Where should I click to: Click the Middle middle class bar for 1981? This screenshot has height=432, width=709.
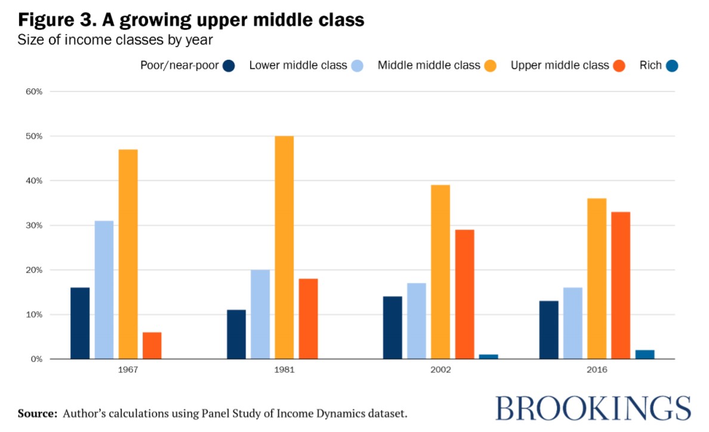point(284,248)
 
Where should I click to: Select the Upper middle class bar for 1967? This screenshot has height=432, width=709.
point(152,345)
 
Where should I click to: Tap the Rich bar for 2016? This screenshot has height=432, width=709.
point(645,354)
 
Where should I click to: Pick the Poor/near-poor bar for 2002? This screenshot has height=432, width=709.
point(392,328)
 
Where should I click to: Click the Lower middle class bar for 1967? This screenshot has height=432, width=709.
point(104,290)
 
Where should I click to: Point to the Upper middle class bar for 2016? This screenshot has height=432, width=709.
point(620,285)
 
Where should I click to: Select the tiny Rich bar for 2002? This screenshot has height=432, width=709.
point(488,357)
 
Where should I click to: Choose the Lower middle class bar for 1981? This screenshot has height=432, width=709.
point(260,314)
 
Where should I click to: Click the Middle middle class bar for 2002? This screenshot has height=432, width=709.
point(440,272)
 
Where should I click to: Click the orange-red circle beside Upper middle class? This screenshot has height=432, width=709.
point(618,66)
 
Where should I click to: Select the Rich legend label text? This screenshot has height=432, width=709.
point(651,66)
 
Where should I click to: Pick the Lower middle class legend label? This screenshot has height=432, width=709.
point(298,66)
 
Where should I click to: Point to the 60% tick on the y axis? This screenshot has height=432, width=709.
point(33,91)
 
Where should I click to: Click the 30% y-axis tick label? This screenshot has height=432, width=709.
point(33,226)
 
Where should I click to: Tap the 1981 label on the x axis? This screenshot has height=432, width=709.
point(284,370)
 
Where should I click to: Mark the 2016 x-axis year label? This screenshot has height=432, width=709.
point(596,370)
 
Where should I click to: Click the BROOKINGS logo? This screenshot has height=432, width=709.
point(593,409)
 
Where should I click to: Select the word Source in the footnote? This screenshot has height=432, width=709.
point(38,413)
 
